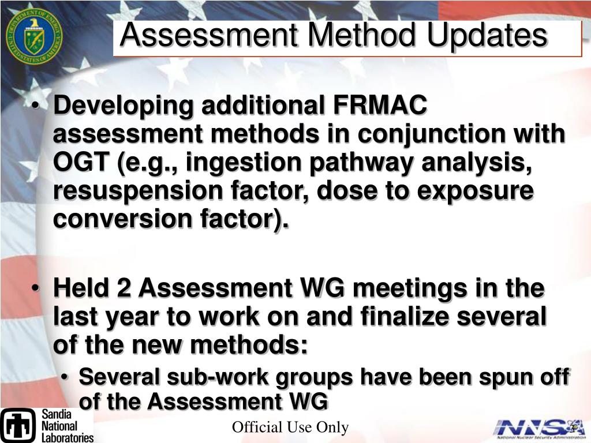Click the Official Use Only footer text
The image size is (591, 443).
pos(290,427)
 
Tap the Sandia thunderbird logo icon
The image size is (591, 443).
pos(18,425)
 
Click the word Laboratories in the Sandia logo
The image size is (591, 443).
pos(67,437)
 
